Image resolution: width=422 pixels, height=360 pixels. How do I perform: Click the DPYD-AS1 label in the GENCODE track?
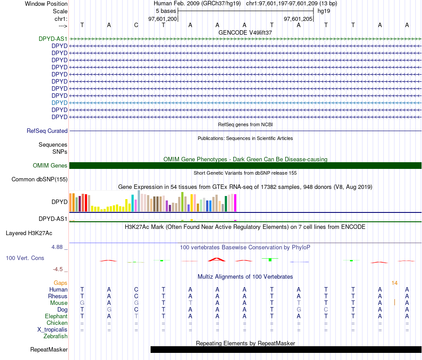(x=53, y=39)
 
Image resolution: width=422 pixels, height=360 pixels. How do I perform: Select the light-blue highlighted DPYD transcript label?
(x=60, y=103)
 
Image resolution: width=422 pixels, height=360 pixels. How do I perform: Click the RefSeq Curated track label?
(x=47, y=131)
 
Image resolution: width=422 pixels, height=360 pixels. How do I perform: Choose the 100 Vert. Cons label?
(x=25, y=258)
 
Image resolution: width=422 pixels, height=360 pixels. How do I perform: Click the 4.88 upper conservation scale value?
(x=59, y=247)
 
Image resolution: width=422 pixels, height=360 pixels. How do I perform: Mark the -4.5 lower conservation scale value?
(x=60, y=269)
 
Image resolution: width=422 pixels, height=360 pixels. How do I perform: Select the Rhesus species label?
(x=58, y=296)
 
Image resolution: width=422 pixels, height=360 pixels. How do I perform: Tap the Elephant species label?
(x=56, y=316)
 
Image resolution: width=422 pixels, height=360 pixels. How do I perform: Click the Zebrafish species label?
(x=56, y=336)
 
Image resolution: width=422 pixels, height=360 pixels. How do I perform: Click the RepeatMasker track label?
(x=49, y=350)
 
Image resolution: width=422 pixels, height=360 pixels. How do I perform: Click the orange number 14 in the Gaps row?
(x=394, y=283)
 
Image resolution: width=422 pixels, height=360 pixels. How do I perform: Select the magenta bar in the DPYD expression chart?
(x=235, y=203)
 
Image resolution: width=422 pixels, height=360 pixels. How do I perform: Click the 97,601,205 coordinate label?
(x=298, y=19)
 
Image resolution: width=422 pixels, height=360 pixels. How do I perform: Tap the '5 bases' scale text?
(x=166, y=11)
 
